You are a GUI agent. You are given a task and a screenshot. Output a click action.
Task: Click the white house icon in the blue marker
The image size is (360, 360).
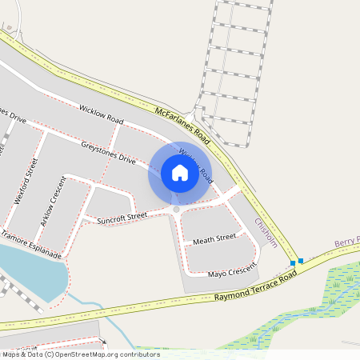coord(180,173)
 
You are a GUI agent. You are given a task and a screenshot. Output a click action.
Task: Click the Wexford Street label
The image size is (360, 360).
coord(26,182)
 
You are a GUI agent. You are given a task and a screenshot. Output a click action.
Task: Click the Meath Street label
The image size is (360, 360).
coord(214,238)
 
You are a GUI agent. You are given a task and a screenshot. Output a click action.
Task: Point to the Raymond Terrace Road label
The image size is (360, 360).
coord(256,286)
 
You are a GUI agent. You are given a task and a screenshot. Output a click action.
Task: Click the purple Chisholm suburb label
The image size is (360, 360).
coord(266,232)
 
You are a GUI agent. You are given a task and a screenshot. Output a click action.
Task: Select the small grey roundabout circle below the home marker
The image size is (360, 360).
coord(176,210)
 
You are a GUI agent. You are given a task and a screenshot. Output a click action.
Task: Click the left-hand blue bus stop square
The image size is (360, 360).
coord(293,262)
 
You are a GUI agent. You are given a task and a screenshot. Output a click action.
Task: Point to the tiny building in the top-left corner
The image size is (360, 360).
coord(10,26)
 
